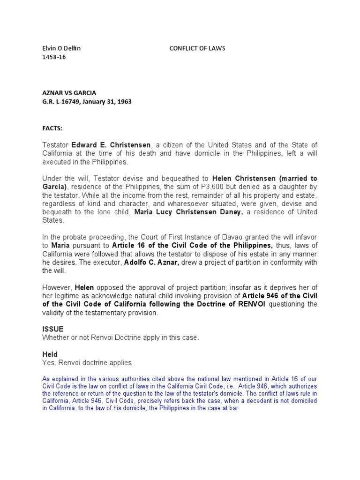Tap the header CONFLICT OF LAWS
click(194, 48)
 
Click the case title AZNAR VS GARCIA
click(69, 93)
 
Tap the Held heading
click(50, 355)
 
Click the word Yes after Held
click(48, 363)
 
